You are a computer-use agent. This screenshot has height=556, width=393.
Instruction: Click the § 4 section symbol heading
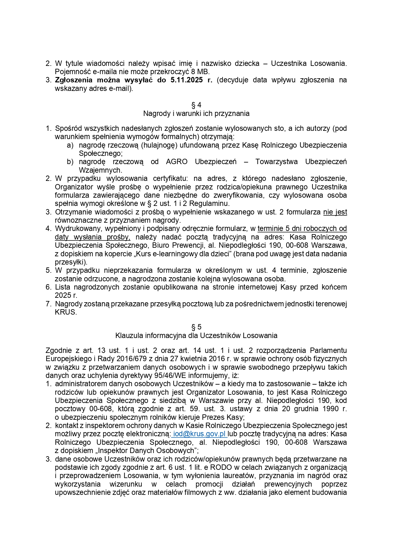(x=196, y=105)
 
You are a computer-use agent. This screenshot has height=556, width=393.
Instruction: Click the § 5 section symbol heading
(x=196, y=327)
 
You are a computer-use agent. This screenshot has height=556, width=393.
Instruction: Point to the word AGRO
(x=177, y=162)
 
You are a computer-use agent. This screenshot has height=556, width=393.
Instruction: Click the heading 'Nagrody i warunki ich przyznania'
(x=196, y=113)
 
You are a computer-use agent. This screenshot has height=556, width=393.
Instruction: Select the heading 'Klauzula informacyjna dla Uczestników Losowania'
(x=196, y=336)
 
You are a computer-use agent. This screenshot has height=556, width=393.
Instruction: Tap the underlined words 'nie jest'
(x=335, y=212)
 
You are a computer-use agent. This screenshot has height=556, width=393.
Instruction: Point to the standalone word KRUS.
(x=66, y=312)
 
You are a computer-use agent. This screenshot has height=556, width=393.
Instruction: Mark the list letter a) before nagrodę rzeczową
(x=70, y=145)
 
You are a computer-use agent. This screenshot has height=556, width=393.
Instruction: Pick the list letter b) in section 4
(x=70, y=162)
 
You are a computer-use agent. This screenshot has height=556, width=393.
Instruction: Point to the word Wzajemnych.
(x=100, y=170)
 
